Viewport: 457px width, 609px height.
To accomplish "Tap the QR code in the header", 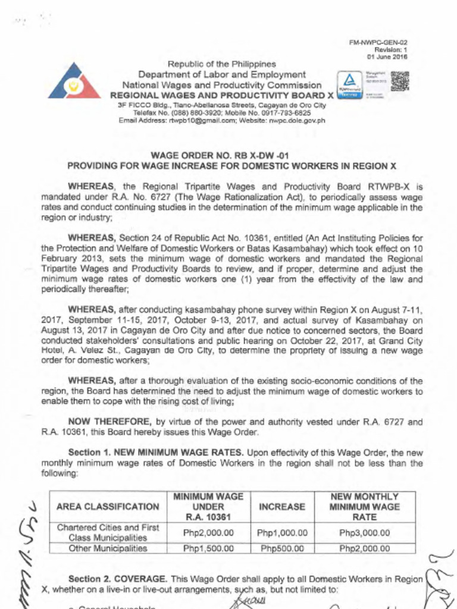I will pos(400,81).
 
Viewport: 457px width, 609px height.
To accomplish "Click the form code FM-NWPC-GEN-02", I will pos(387,43).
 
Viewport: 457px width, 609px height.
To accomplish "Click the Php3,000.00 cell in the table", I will pos(365,532).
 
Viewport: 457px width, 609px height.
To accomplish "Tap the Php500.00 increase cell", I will pos(282,548).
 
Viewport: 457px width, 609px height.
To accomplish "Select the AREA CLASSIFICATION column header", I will pos(108,507).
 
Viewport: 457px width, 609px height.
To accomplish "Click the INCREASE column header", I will pos(282,507).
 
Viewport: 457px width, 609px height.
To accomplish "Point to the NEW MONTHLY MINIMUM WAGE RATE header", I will pos(365,507).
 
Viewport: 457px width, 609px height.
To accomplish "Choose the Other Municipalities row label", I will pos(108,548).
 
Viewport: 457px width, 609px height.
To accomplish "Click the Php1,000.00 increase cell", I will pos(282,532).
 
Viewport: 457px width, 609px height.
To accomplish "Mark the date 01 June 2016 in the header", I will pos(387,57).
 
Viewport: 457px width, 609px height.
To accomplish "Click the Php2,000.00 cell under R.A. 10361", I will pos(208,532).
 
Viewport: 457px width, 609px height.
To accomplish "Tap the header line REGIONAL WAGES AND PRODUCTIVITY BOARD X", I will pos(222,95).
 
